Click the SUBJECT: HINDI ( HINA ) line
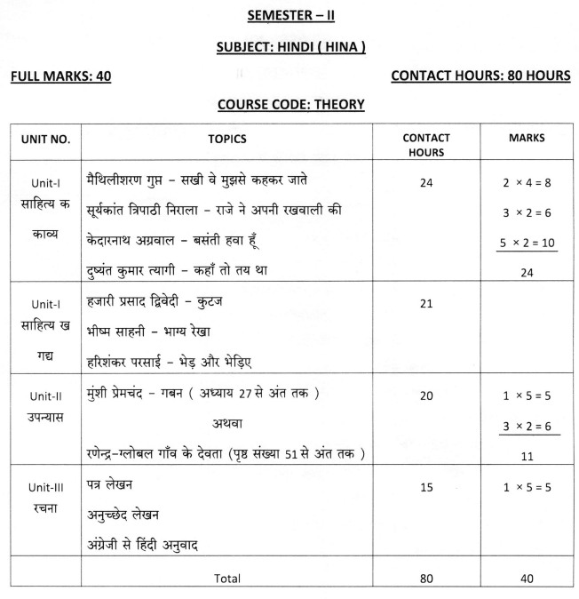289,45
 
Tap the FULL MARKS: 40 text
59,76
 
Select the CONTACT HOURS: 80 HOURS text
480,76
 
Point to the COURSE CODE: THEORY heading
289,105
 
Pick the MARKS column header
527,139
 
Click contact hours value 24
426,181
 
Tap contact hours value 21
426,303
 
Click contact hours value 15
426,487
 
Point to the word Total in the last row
227,579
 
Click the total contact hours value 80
426,579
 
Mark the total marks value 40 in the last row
527,579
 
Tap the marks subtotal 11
527,456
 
